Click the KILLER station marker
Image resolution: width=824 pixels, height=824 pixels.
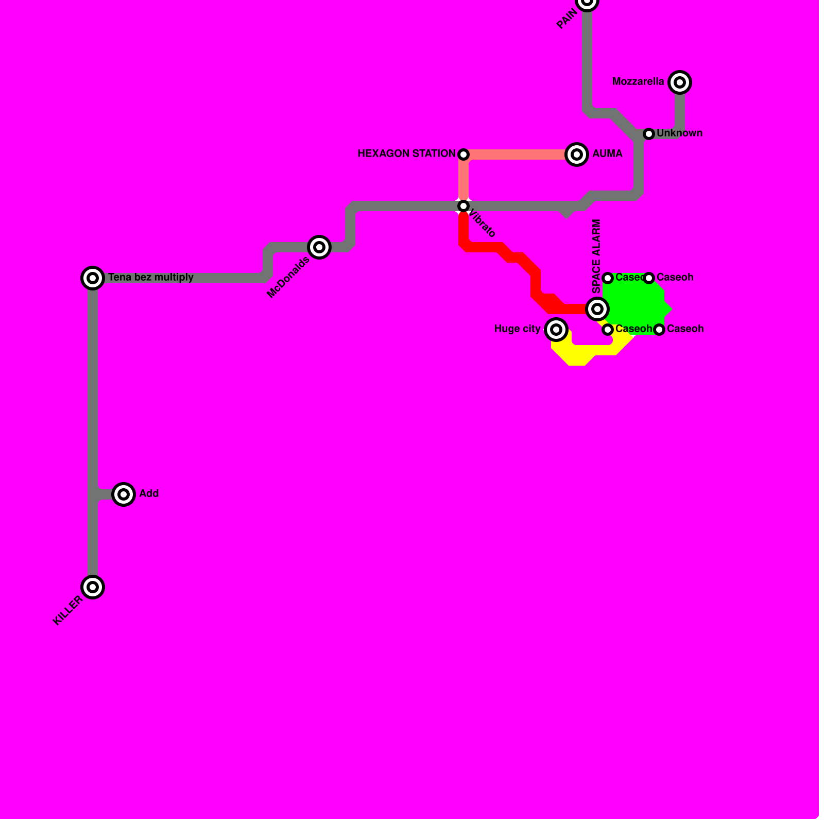pyautogui.click(x=93, y=587)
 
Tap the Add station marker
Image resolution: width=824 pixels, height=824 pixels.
pyautogui.click(x=124, y=494)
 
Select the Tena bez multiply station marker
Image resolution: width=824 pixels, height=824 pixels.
pyautogui.click(x=93, y=278)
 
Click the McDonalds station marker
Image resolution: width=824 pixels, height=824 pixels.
pyautogui.click(x=319, y=247)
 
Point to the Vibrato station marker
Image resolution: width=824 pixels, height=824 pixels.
pyautogui.click(x=463, y=206)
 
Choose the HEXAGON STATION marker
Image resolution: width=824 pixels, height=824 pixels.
pyautogui.click(x=463, y=154)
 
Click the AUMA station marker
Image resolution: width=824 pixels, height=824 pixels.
pyautogui.click(x=577, y=154)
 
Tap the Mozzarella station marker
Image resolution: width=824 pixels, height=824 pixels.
pyautogui.click(x=680, y=82)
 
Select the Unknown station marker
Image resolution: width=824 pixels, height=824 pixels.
pyautogui.click(x=649, y=134)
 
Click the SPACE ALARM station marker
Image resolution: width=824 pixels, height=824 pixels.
pyautogui.click(x=597, y=309)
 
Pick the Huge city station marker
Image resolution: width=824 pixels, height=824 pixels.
pyautogui.click(x=556, y=329)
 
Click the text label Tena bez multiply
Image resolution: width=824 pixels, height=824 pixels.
pyautogui.click(x=151, y=278)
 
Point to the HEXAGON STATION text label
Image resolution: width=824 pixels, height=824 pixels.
pyautogui.click(x=406, y=154)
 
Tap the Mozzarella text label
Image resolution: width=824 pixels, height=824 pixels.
pyautogui.click(x=638, y=82)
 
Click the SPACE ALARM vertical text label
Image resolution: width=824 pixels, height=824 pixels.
pyautogui.click(x=596, y=256)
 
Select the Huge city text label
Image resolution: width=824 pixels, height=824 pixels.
pyautogui.click(x=517, y=329)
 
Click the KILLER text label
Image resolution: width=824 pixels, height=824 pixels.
pyautogui.click(x=67, y=611)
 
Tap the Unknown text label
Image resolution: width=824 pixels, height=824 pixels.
pyautogui.click(x=679, y=133)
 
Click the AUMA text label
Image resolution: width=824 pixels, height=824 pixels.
pyautogui.click(x=607, y=154)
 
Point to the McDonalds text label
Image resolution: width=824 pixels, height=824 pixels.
pyautogui.click(x=288, y=277)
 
